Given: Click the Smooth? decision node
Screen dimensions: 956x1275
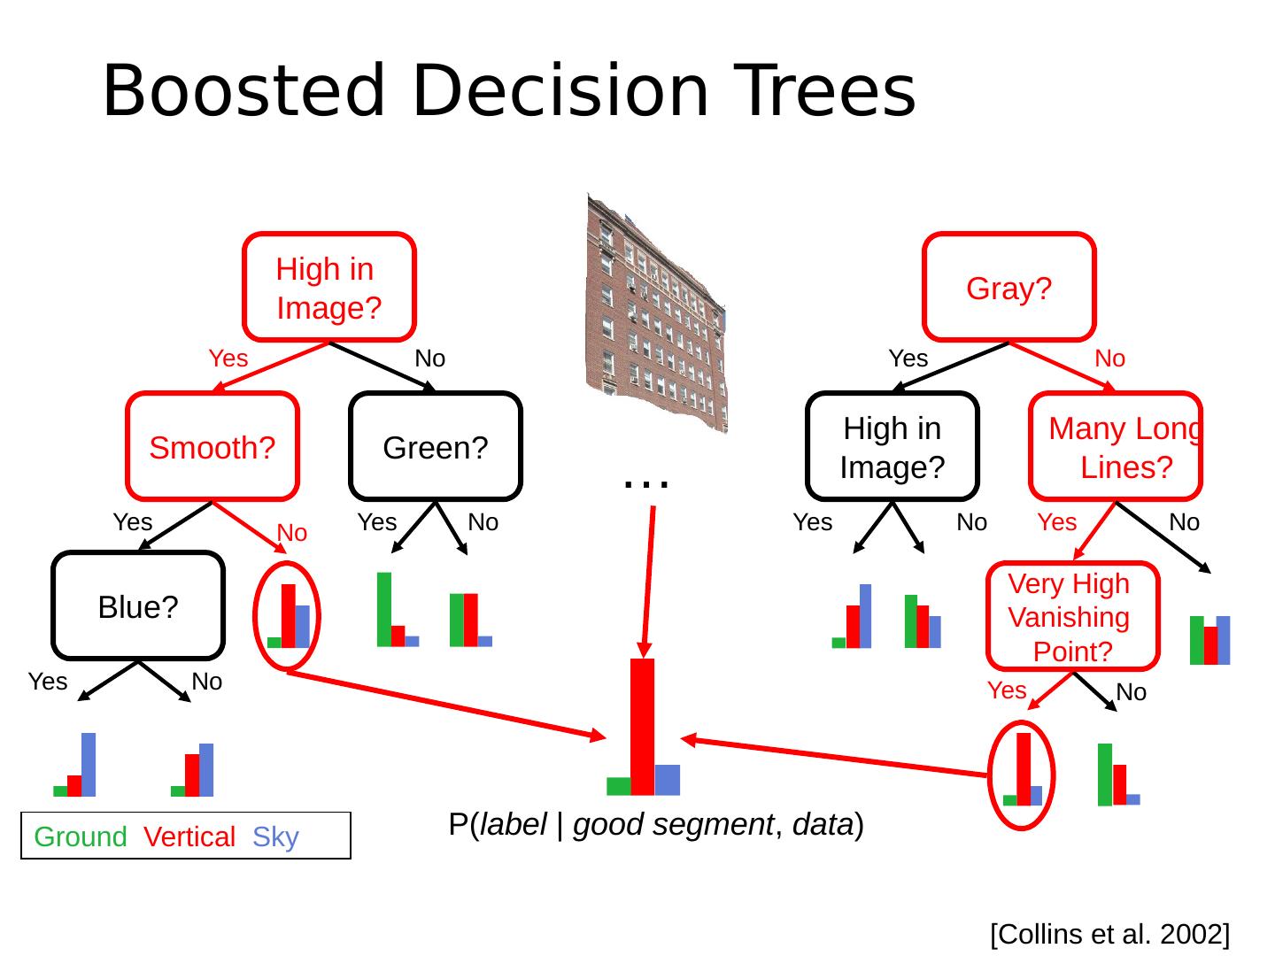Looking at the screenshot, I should click(212, 447).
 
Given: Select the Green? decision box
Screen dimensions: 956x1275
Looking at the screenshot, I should click(436, 447).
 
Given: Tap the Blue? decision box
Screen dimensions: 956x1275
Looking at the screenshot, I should click(138, 606).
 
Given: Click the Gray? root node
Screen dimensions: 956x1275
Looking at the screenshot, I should click(1008, 288).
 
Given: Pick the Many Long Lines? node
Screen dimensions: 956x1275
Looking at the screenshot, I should click(1116, 447).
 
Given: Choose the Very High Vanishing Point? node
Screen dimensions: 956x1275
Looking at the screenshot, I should click(1072, 617).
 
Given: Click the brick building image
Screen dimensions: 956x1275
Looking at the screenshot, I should click(656, 310).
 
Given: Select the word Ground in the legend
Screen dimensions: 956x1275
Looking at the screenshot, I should click(81, 836).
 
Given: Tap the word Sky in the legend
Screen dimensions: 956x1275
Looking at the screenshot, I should click(275, 836).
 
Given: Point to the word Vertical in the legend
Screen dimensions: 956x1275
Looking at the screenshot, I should click(189, 836).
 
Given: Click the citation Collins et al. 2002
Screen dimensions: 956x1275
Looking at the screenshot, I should click(1109, 934).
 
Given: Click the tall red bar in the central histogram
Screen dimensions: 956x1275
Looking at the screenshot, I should click(642, 726).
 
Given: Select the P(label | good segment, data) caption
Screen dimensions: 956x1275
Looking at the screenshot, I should click(656, 824).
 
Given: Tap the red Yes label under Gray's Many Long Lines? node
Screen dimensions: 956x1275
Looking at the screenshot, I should click(1057, 522).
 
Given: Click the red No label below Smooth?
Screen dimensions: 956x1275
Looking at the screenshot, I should click(292, 533).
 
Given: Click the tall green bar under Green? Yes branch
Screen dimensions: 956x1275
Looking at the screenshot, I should click(384, 609).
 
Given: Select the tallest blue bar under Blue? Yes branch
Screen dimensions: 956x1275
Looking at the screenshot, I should click(89, 764).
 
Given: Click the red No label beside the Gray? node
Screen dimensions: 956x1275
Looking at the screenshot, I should click(1110, 358).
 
